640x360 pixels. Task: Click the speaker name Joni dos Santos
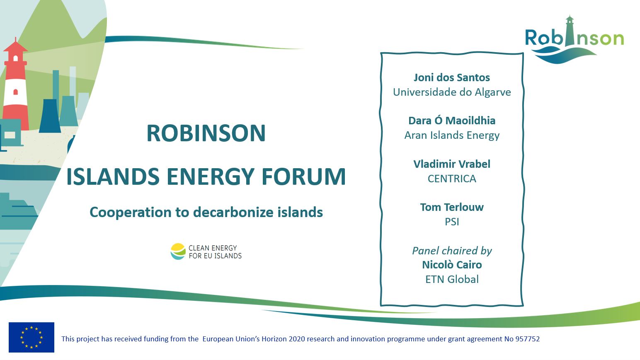tap(452, 77)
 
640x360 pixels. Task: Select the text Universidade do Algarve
tap(452, 92)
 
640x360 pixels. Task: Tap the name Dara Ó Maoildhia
tap(452, 121)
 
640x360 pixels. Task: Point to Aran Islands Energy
tap(452, 135)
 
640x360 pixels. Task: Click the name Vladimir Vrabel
tap(452, 164)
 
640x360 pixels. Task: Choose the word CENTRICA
tap(452, 179)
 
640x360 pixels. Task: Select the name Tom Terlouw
tap(452, 207)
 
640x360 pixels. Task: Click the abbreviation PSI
tap(452, 222)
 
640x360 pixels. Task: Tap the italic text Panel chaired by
tap(452, 251)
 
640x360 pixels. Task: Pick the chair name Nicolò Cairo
tap(452, 265)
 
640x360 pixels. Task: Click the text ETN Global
tap(452, 279)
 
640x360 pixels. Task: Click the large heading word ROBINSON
tap(206, 133)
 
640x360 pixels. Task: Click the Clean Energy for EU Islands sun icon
tap(178, 251)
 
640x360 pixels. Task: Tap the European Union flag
tap(32, 337)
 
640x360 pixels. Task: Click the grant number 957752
tap(527, 339)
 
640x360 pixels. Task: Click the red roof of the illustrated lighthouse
tap(15, 46)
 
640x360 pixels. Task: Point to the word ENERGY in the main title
tap(211, 176)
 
